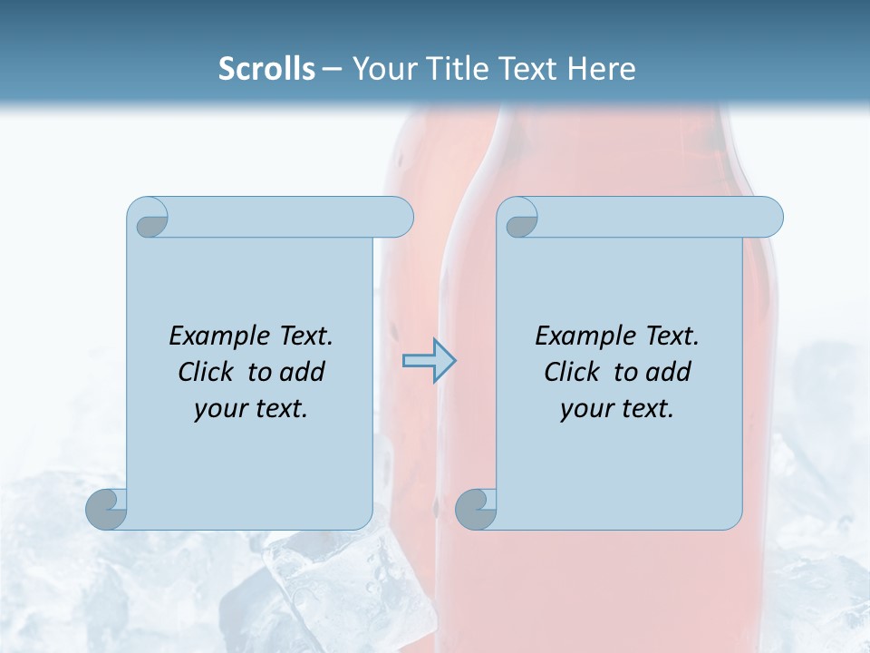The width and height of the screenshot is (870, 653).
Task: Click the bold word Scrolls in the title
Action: (x=266, y=69)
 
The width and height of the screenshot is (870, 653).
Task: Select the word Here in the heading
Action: (x=601, y=69)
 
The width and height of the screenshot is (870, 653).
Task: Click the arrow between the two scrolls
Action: (x=429, y=361)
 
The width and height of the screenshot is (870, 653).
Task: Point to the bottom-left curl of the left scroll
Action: (x=106, y=509)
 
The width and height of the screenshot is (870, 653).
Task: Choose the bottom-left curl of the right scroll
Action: (x=476, y=509)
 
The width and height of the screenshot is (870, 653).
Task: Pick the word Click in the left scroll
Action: (x=205, y=372)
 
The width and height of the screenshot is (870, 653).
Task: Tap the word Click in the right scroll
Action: (x=571, y=372)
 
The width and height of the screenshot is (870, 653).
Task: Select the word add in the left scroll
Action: (x=304, y=372)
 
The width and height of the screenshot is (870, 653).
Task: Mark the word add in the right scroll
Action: (x=670, y=372)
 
